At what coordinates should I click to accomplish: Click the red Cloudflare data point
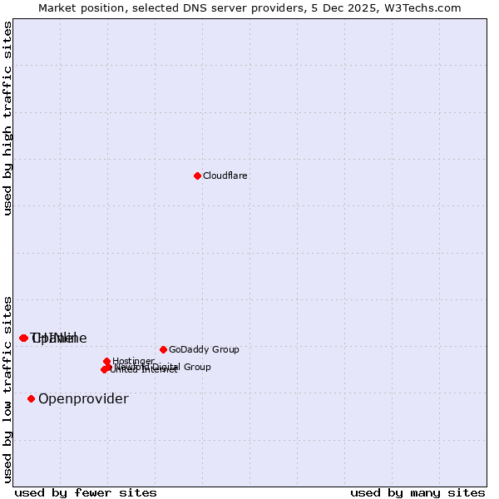click(197, 175)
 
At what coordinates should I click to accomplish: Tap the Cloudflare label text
click(225, 176)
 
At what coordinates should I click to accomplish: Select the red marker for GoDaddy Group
click(163, 349)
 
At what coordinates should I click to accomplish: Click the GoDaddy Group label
click(204, 350)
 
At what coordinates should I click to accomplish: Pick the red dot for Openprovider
click(32, 398)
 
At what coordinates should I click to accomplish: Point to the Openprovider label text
click(83, 399)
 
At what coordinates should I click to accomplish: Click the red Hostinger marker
click(107, 361)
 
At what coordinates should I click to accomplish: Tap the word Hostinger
click(133, 362)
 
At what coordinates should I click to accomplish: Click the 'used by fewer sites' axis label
click(86, 493)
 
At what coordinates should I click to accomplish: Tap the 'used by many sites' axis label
click(417, 493)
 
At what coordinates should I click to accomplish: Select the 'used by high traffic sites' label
click(8, 118)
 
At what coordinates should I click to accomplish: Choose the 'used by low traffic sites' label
click(8, 388)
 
